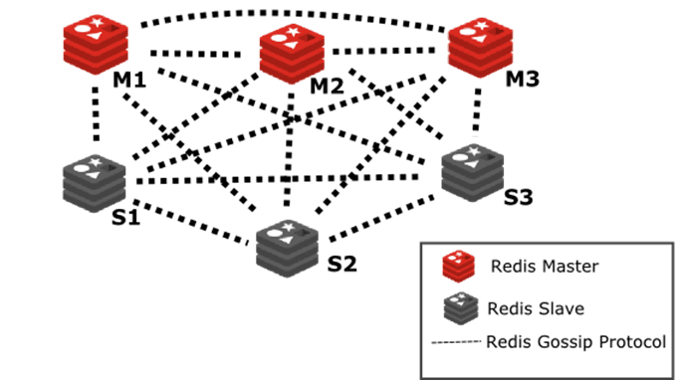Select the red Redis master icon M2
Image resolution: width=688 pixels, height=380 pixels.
tap(291, 53)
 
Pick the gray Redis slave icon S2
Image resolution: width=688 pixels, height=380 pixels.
tap(287, 242)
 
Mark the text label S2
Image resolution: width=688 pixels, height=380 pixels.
tap(342, 265)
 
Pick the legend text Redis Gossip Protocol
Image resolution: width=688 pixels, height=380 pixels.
tap(576, 341)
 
